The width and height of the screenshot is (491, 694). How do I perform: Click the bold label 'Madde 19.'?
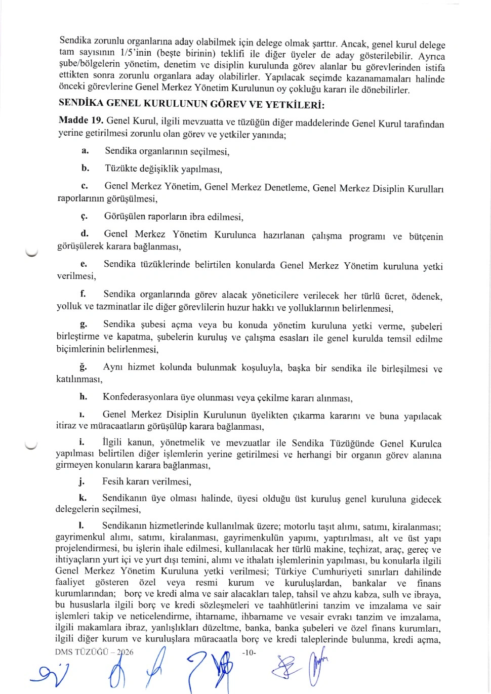pyautogui.click(x=81, y=120)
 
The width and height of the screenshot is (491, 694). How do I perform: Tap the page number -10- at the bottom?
pyautogui.click(x=249, y=652)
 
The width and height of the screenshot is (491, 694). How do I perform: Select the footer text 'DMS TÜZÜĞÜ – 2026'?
pyautogui.click(x=94, y=652)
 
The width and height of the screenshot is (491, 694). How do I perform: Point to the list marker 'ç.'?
pyautogui.click(x=84, y=217)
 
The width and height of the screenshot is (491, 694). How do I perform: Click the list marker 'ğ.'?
pyautogui.click(x=83, y=366)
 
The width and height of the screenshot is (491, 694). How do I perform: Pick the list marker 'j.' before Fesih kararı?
pyautogui.click(x=82, y=481)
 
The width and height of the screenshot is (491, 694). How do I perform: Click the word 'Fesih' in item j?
pyautogui.click(x=113, y=481)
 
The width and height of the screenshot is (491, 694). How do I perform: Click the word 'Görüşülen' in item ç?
pyautogui.click(x=125, y=217)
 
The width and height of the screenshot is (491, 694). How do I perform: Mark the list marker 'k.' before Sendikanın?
pyautogui.click(x=83, y=498)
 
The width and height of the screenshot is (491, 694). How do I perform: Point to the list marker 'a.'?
pyautogui.click(x=85, y=151)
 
